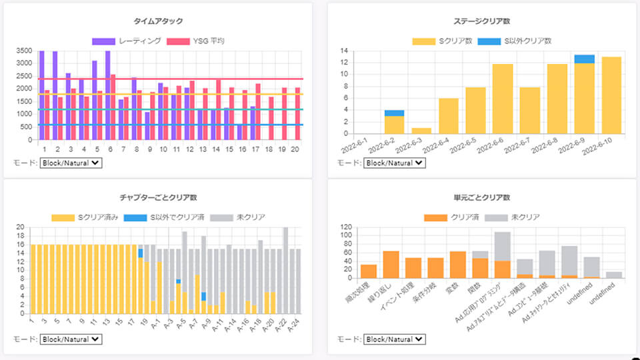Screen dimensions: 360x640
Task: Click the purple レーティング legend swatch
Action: click(103, 41)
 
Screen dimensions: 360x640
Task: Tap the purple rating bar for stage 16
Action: click(239, 132)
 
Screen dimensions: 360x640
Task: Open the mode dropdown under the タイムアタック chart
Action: click(71, 163)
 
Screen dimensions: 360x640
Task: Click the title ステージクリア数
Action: click(481, 22)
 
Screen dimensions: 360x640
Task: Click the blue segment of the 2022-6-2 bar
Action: click(395, 113)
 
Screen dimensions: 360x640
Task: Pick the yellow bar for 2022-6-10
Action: click(611, 95)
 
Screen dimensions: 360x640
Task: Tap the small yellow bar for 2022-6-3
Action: click(421, 131)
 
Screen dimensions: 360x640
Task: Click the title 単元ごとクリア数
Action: click(481, 198)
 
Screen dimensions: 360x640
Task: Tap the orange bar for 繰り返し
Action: click(391, 265)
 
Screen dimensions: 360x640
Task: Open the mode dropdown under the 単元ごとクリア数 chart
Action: click(394, 339)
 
